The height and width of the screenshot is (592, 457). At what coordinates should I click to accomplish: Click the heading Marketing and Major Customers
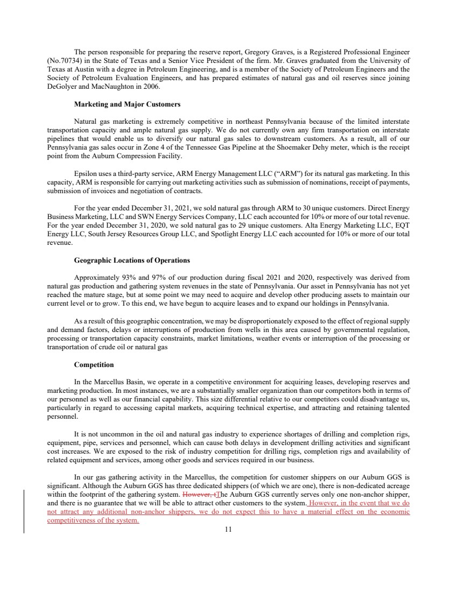coord(126,104)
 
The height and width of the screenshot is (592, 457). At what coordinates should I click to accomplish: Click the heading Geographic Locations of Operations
coord(131,260)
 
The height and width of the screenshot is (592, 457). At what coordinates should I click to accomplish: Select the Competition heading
coord(94,365)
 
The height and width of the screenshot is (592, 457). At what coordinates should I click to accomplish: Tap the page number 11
coord(228,530)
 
